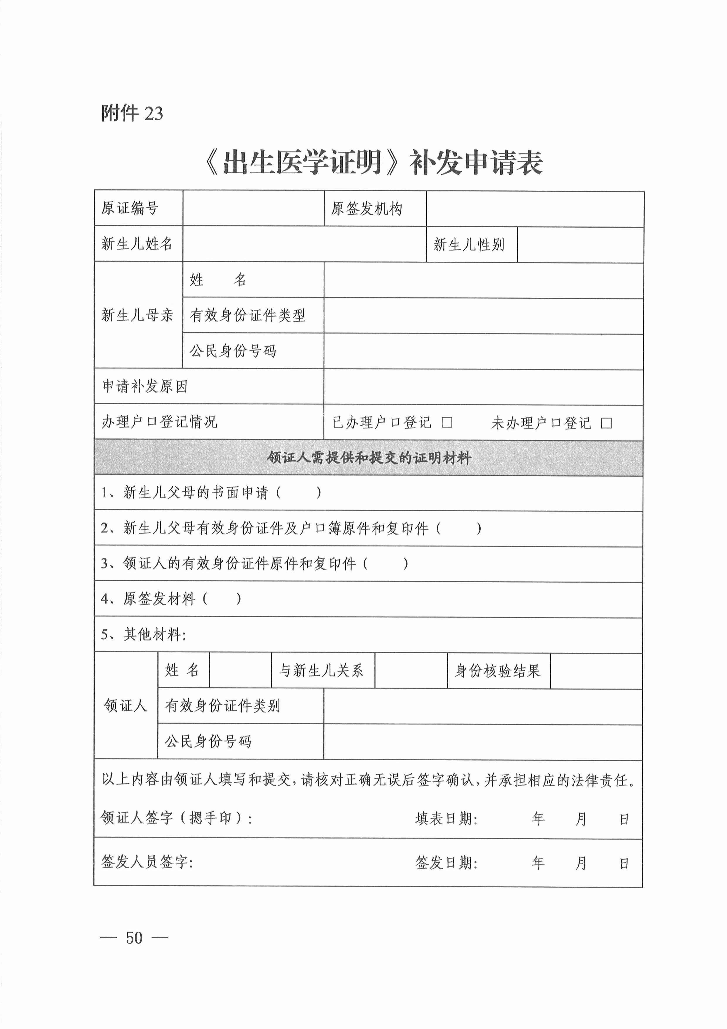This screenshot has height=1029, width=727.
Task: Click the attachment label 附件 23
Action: tap(132, 114)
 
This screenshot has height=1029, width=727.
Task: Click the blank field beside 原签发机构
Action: tap(534, 209)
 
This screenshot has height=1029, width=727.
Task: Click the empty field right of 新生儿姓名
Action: tap(304, 244)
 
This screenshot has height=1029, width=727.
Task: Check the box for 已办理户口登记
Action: tap(446, 423)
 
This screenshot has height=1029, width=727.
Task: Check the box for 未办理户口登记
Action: tap(606, 423)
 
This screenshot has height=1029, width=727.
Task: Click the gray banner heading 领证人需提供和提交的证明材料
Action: tap(369, 458)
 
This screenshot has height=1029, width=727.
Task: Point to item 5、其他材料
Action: tap(143, 634)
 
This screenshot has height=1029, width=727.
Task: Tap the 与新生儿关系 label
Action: tap(321, 671)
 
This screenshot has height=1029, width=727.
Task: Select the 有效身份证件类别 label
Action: tap(222, 706)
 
